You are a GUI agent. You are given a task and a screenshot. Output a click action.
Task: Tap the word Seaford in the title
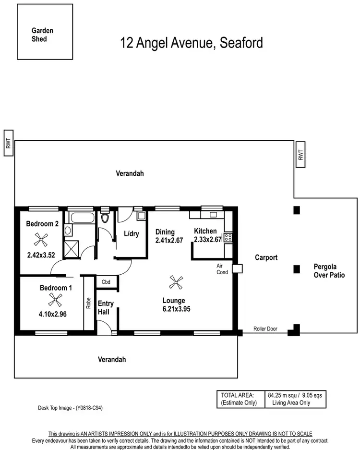click(x=241, y=43)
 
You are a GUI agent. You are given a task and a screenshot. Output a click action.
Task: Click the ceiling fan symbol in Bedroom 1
click(x=55, y=301)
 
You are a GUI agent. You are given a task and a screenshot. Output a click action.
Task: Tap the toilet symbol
click(x=105, y=219)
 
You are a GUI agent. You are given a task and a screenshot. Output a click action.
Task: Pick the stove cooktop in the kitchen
click(x=228, y=237)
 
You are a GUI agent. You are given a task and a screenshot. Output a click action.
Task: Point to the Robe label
click(x=89, y=303)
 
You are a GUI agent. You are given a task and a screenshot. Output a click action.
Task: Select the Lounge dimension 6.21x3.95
click(x=176, y=309)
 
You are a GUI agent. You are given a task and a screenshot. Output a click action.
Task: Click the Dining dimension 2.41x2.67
click(x=169, y=241)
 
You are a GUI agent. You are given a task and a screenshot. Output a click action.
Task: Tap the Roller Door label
click(x=265, y=329)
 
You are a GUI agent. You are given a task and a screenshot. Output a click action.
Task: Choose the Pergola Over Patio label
click(x=329, y=271)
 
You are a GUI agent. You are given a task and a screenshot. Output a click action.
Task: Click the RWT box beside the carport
click(x=300, y=155)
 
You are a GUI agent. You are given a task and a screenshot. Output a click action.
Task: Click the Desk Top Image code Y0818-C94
click(x=71, y=408)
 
